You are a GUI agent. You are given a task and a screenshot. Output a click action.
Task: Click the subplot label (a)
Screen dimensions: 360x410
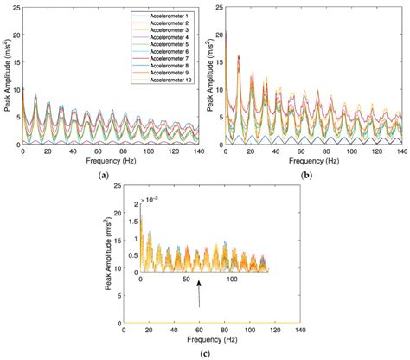coord(104,175)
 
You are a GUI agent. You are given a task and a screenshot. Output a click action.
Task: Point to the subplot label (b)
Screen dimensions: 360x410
coord(309,175)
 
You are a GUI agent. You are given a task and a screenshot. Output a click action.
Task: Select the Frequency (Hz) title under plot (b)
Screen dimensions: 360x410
coord(309,161)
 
